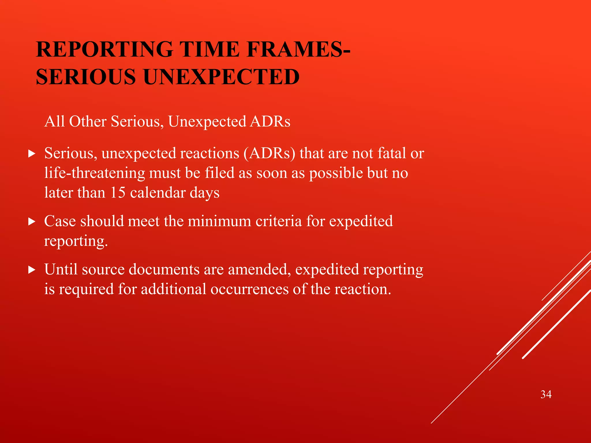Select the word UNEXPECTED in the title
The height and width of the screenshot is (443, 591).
click(221, 77)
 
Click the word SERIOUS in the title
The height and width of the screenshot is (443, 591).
click(86, 77)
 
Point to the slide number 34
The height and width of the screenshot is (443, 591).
click(546, 394)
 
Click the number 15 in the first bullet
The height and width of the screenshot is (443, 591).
click(118, 192)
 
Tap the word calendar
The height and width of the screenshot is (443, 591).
click(158, 192)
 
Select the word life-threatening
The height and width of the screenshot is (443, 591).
click(95, 173)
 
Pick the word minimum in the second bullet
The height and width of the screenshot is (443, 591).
click(219, 221)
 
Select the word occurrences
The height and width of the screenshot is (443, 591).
click(249, 289)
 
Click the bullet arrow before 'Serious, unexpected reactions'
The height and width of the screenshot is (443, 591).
click(32, 153)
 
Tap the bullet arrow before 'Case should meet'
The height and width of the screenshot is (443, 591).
click(32, 221)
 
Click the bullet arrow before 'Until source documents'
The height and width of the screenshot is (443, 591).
click(32, 270)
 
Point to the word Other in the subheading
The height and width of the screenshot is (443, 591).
click(88, 121)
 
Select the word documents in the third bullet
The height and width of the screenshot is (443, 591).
click(164, 270)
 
